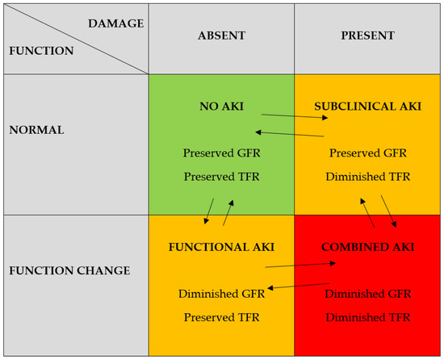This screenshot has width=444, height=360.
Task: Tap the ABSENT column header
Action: (221, 36)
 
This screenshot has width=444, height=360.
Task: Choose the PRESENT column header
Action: (367, 36)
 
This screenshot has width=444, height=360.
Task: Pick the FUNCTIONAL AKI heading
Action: (221, 247)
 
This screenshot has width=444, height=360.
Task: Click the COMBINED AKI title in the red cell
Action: (368, 247)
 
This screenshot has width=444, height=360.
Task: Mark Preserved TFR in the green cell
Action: (221, 176)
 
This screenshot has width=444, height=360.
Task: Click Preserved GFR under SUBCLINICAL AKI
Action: (368, 153)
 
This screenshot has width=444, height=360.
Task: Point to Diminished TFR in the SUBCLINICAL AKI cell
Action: (368, 176)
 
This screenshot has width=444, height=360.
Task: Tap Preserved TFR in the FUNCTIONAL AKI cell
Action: (221, 317)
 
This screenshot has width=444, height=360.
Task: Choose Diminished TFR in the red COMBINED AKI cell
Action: (368, 317)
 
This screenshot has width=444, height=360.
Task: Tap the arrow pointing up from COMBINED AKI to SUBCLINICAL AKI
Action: (368, 212)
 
